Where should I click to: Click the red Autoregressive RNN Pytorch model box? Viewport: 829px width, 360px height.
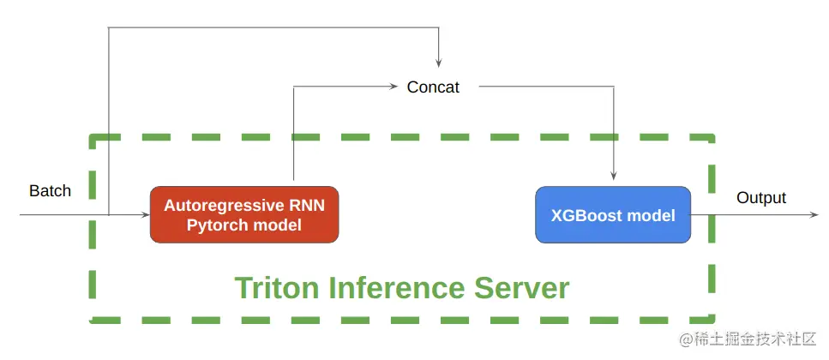pos(244,214)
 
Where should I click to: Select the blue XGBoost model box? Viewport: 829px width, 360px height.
pos(613,214)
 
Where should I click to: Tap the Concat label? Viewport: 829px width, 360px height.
pos(433,87)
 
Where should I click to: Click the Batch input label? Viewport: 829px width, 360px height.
pos(51,190)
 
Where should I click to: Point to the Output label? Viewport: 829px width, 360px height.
pos(761,198)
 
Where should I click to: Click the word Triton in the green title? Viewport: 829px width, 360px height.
pos(273,287)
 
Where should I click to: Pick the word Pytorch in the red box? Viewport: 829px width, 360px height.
pos(215,225)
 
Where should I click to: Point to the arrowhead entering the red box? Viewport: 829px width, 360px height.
pos(146,214)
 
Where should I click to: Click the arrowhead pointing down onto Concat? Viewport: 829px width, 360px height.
pos(438,63)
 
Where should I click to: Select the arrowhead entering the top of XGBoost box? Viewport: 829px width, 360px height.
pos(613,182)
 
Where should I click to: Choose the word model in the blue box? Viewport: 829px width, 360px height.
pos(652,215)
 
